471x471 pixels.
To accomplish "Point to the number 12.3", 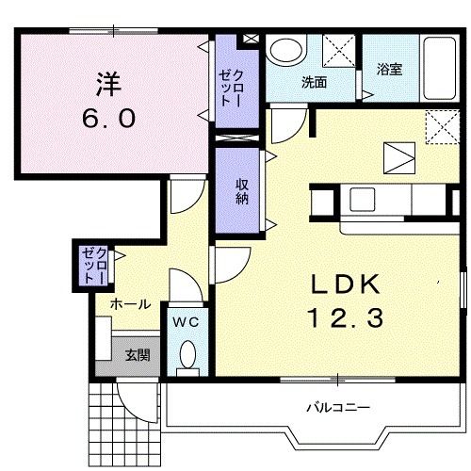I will click(x=343, y=320).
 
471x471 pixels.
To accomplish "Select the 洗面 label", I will click(x=314, y=82).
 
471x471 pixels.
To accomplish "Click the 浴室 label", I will click(x=390, y=69).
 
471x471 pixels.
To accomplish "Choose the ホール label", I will click(x=128, y=304).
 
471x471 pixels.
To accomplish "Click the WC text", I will click(x=187, y=322).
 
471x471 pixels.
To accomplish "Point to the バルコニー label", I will click(x=336, y=408).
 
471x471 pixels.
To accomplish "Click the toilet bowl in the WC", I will click(x=187, y=358).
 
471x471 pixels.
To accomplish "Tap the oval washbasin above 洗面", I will click(x=283, y=51).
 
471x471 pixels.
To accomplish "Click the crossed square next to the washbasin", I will click(x=337, y=50).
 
